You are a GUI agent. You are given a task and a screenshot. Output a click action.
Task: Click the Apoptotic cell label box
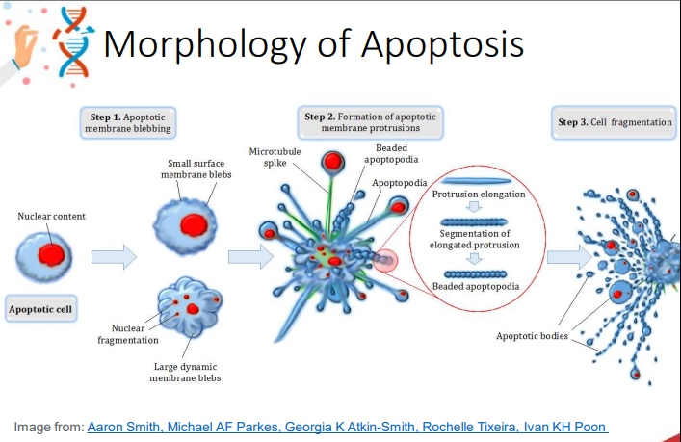[41, 310]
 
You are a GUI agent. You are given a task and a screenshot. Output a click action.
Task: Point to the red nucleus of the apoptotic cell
[51, 254]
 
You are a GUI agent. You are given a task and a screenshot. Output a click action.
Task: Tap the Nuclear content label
[51, 216]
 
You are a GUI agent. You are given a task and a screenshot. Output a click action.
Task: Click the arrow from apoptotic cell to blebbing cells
[114, 257]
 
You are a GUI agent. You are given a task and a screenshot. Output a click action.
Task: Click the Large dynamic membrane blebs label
[185, 372]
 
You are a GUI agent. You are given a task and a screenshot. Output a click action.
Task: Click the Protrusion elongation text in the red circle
[479, 195]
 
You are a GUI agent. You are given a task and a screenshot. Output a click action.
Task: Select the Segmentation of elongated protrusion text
[479, 239]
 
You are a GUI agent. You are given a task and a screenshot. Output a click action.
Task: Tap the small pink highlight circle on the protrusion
[385, 260]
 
